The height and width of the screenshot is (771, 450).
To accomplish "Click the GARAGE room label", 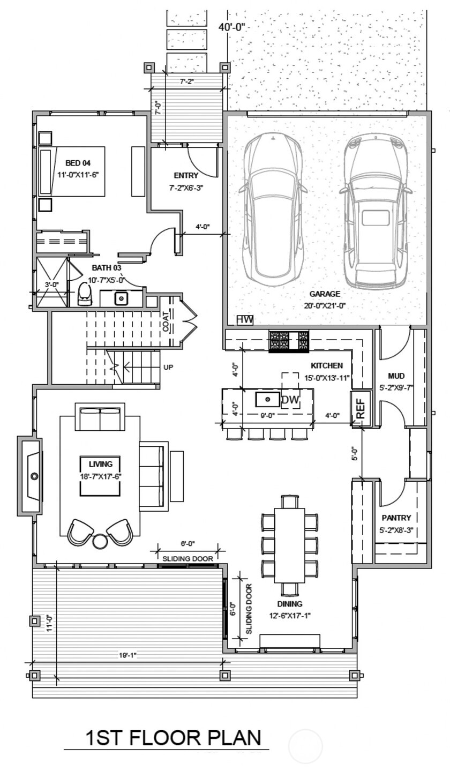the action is pos(325,294).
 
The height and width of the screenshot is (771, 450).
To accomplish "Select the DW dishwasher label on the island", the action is pos(290,400).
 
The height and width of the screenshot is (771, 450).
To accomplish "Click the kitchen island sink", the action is pos(268,399).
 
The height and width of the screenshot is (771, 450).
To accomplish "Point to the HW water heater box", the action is pos(245,320).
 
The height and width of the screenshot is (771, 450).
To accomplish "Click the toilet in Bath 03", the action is pos(85,294).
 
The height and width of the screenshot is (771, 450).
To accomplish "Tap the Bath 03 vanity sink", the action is pos(121,298).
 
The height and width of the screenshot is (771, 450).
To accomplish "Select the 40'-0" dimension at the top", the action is pos(232,28).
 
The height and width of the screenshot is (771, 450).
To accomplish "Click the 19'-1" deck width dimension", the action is pos(128,655).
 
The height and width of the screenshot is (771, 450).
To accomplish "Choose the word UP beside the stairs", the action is pos(168,367).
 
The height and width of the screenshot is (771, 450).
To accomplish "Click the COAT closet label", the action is pos(166,322).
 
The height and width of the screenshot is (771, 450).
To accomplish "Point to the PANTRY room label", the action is pos(396,518).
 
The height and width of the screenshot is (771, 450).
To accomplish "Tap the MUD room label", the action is pos(396,376).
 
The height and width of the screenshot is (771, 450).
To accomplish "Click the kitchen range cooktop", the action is pos(289,341).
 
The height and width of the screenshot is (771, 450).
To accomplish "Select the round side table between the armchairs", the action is pos(100,541).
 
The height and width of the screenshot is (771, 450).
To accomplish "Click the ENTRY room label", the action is pos(186,176).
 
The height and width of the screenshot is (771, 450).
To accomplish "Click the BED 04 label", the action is pos(78,163).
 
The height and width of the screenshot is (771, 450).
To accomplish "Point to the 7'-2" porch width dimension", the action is pos(187,81).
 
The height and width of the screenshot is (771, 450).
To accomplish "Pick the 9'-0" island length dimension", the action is pos(267,415).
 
